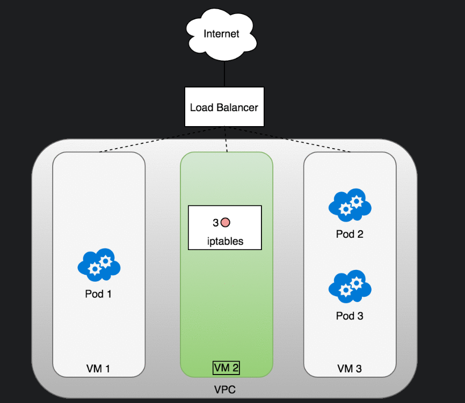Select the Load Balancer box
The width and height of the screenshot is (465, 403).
click(224, 107)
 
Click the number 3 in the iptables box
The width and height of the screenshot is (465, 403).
click(215, 222)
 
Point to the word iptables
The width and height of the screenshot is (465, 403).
click(225, 241)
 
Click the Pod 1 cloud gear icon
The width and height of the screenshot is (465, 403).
click(99, 265)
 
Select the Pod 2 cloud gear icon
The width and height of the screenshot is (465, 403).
click(350, 204)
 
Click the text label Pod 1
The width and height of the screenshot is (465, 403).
click(99, 294)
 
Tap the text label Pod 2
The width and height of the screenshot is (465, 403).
click(350, 234)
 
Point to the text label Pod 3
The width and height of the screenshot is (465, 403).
click(350, 316)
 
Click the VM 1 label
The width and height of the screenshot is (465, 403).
click(99, 369)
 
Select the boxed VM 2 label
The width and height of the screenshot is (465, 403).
click(226, 368)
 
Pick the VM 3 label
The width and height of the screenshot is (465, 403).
click(350, 369)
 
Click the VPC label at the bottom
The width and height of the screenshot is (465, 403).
click(224, 388)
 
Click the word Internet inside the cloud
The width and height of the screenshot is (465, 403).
click(221, 34)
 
